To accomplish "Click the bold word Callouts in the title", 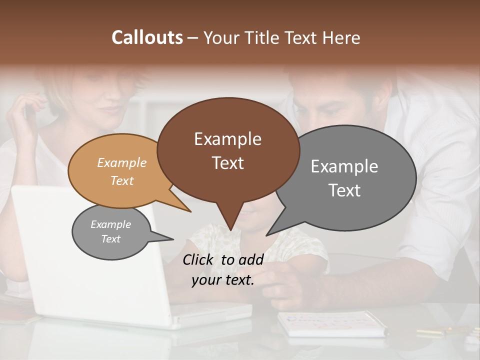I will coord(147,37).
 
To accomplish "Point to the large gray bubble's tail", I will coord(270,233).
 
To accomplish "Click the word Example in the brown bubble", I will coord(227,139).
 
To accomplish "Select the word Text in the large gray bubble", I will coord(344,190).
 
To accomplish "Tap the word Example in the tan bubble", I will coord(122,162).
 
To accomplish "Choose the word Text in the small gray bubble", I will coord(111,239).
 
